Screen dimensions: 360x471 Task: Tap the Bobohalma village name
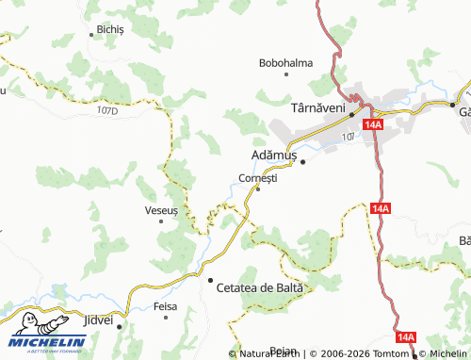(285, 63)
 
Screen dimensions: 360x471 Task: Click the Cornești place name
(258, 178)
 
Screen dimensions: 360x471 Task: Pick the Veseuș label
(160, 210)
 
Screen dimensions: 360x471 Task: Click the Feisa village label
(166, 307)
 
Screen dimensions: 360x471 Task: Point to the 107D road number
(107, 111)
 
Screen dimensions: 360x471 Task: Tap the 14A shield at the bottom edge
(406, 336)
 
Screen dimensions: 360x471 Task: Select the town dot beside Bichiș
(92, 30)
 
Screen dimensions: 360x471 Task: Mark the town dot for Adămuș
(303, 162)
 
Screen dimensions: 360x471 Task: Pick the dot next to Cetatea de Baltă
(209, 279)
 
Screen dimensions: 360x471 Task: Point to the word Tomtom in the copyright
(397, 353)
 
